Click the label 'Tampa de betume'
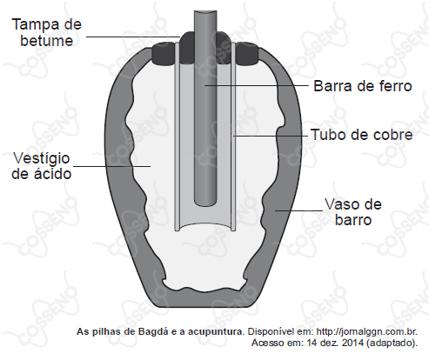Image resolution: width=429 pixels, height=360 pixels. coord(47,32)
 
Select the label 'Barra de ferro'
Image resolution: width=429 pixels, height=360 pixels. coord(363,86)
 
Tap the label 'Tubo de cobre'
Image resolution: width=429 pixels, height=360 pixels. coord(361,135)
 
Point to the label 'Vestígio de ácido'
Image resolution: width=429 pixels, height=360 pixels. coord(42,166)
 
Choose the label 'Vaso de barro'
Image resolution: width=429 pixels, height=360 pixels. coord(353,212)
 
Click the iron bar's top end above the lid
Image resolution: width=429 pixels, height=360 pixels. coord(205,12)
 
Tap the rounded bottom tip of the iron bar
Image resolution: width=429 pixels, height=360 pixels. coord(205,202)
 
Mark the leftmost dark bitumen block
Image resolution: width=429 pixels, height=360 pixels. coord(163,54)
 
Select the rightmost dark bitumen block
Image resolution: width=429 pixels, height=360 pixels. coord(246,54)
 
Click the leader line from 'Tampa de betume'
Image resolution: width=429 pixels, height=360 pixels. coord(133,37)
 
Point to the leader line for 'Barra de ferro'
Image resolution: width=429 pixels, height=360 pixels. coord(257,85)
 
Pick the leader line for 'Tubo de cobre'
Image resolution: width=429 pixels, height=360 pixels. coord(271,136)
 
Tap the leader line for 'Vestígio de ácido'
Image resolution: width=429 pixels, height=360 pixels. coord(111,166)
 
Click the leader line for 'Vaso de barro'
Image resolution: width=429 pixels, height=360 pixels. coord(298,210)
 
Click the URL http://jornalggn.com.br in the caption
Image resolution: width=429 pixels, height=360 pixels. coord(366,331)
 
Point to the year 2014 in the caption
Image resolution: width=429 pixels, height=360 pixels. coord(352,343)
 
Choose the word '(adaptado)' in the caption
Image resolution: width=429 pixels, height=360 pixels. coord(392,343)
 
